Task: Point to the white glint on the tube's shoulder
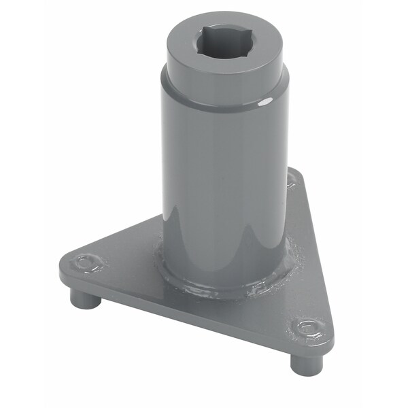(266, 101)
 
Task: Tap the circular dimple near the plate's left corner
(88, 262)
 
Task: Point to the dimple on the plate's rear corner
(292, 180)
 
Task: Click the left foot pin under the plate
(84, 299)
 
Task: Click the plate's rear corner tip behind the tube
(295, 172)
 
